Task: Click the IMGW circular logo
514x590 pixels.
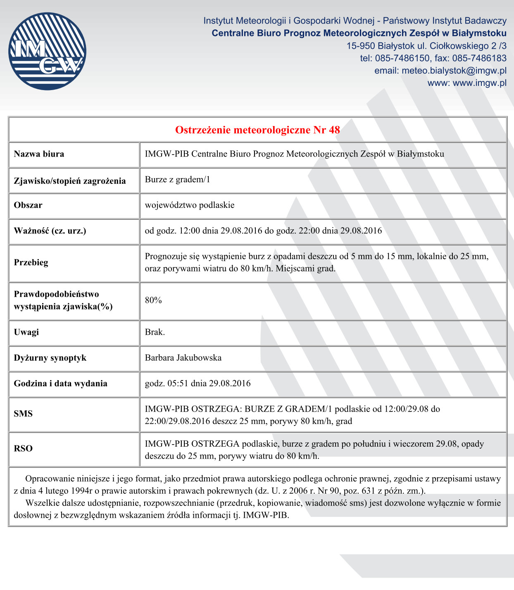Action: tap(47, 51)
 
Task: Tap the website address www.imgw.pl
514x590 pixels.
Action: tap(479, 83)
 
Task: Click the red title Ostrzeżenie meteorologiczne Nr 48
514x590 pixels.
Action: tap(257, 130)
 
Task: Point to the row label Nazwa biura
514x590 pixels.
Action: tap(39, 154)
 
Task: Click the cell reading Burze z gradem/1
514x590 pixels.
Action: tap(177, 179)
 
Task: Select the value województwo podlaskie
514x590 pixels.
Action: tap(189, 205)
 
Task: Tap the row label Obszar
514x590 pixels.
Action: tap(28, 205)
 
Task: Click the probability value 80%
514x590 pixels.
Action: tap(153, 300)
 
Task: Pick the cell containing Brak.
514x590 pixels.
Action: tap(155, 332)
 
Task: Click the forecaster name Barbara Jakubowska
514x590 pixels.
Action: tap(183, 358)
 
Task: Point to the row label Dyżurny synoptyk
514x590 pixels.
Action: tap(50, 358)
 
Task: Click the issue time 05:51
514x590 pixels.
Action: tap(178, 383)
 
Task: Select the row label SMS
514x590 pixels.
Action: tap(23, 414)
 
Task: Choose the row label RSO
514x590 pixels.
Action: tap(23, 449)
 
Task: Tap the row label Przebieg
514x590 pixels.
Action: tap(31, 262)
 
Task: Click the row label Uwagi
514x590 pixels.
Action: tap(26, 332)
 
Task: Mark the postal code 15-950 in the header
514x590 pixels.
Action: tap(361, 46)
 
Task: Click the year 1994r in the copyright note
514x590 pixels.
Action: tap(81, 491)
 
